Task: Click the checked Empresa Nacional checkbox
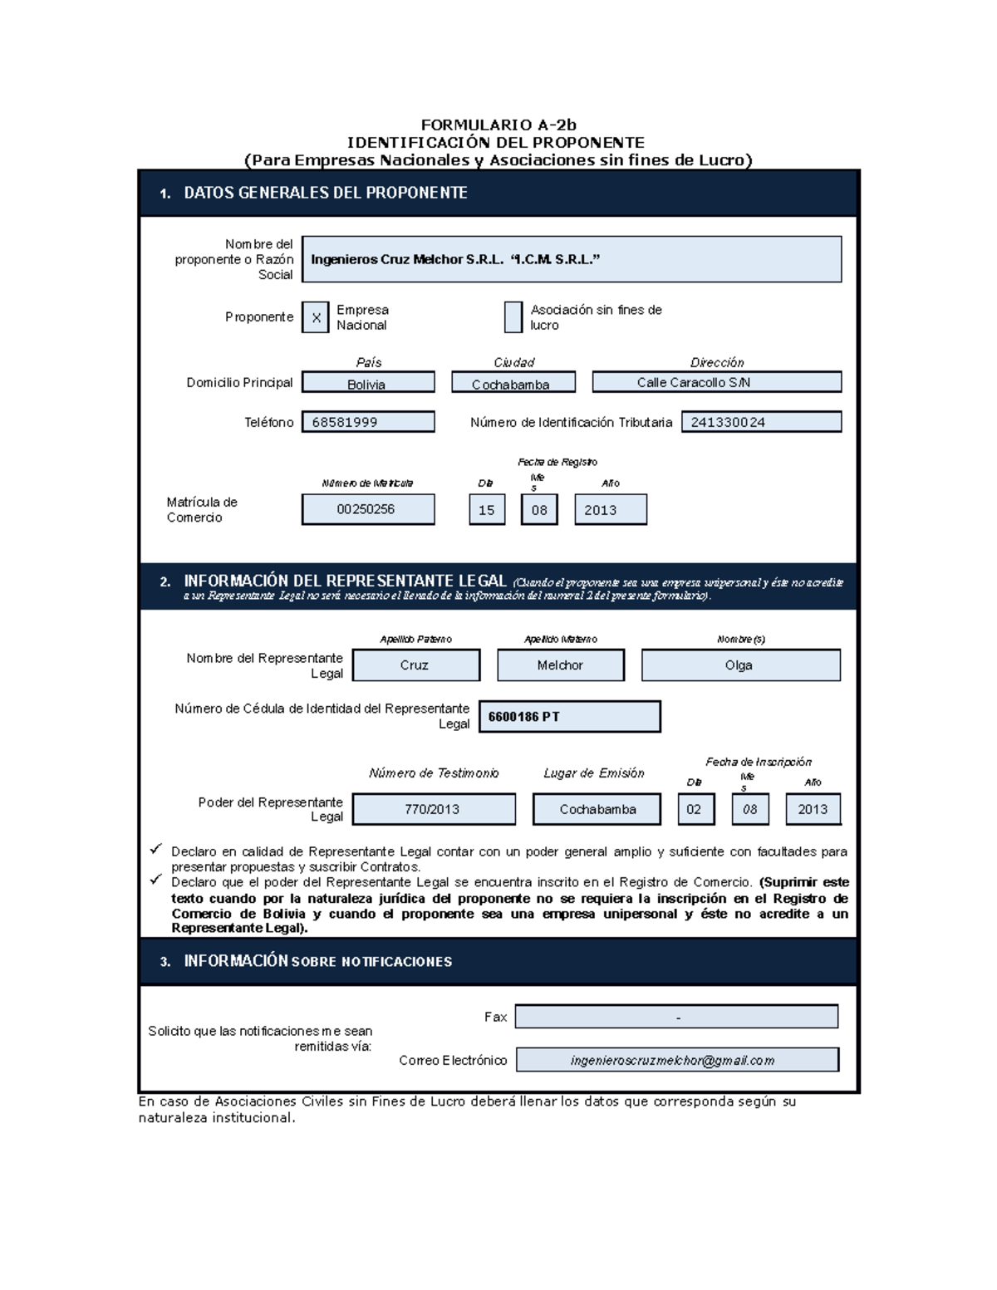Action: point(316,317)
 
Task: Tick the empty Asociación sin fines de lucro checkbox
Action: point(513,317)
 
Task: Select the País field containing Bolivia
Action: point(368,383)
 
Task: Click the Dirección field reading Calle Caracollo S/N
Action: point(716,382)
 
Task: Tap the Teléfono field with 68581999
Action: point(368,422)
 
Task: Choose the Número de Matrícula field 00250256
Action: point(368,509)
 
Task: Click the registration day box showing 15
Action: point(487,510)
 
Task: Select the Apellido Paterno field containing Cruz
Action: point(415,665)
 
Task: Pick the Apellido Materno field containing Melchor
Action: point(561,665)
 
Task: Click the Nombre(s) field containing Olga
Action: point(740,665)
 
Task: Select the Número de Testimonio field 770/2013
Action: point(434,809)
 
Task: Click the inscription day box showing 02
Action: point(695,809)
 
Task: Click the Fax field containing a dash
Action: point(676,1017)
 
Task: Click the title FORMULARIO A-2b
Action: point(498,125)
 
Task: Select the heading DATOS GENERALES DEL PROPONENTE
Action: point(325,193)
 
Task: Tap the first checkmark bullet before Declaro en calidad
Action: point(155,849)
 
